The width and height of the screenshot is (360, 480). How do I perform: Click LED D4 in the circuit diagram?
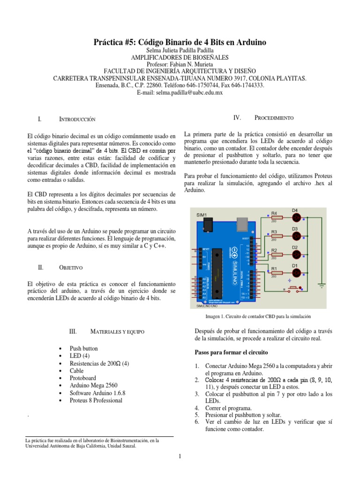click(296, 217)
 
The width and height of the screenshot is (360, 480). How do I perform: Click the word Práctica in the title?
click(111, 42)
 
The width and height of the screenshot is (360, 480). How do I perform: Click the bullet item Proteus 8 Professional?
click(96, 400)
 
